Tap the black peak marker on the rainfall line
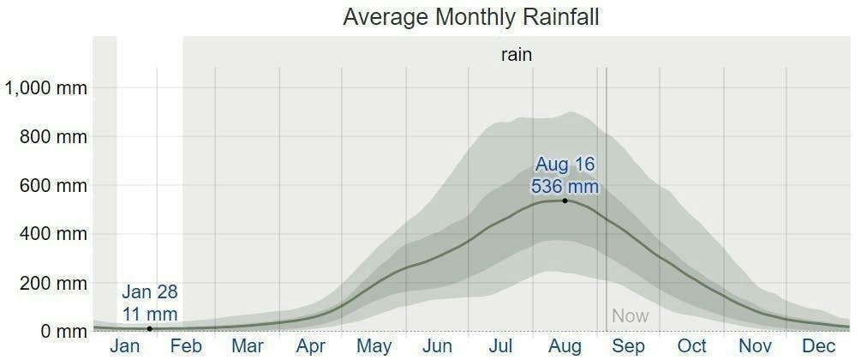565,201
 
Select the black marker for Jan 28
150,328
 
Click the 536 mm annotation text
565,186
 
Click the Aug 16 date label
565,164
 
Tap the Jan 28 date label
150,291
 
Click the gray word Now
630,316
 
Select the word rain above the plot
517,55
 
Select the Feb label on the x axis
186,346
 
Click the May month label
374,346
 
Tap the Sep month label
628,346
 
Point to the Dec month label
818,346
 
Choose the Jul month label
500,346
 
